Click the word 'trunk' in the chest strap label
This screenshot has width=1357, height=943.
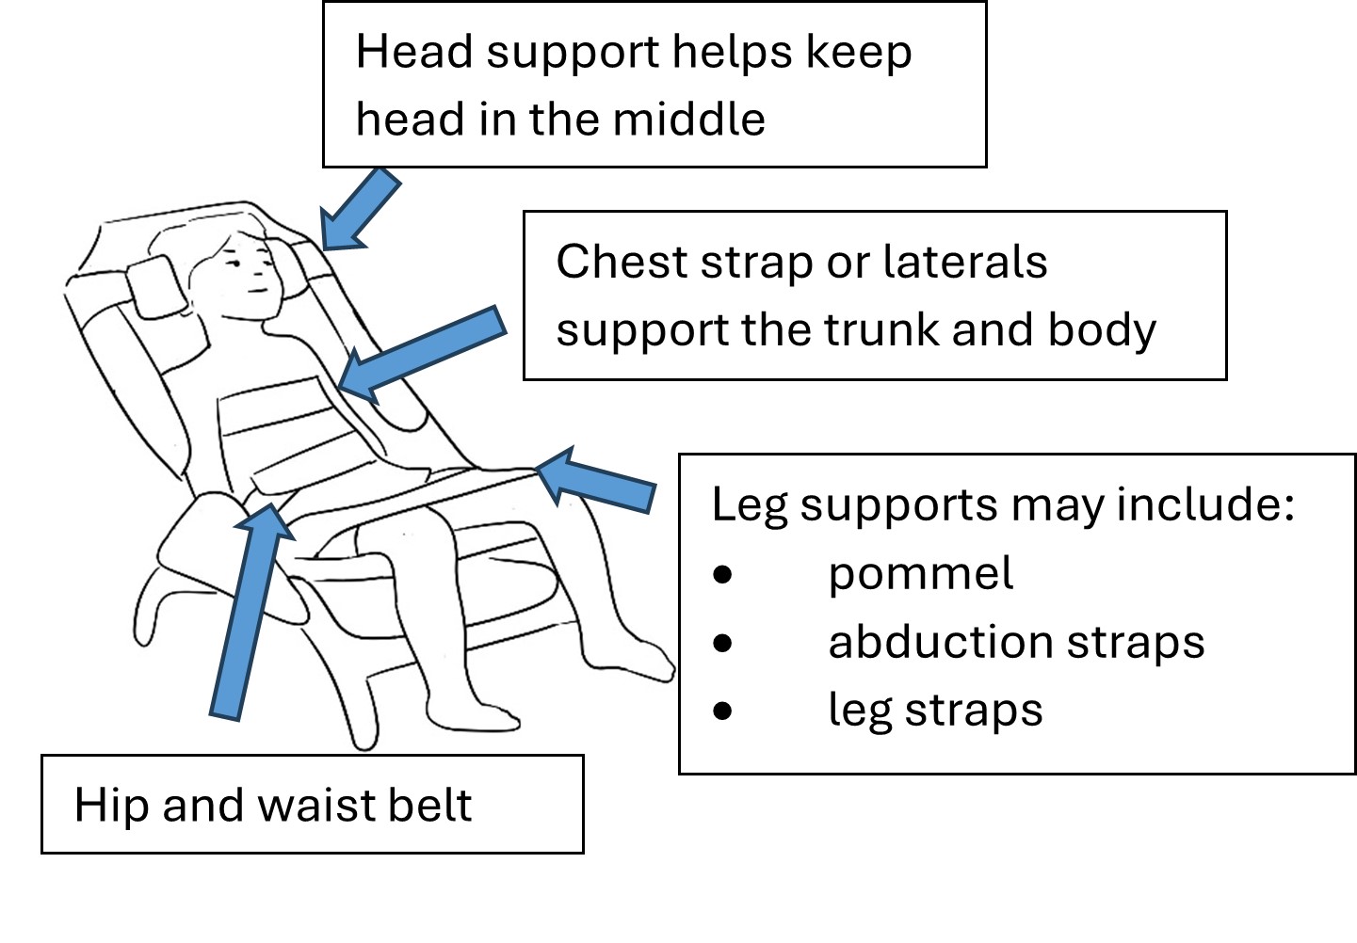pos(880,330)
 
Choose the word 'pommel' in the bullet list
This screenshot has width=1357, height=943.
pos(920,574)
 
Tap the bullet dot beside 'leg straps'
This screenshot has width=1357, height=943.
pos(722,711)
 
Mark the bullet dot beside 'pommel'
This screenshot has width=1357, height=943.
pos(722,574)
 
